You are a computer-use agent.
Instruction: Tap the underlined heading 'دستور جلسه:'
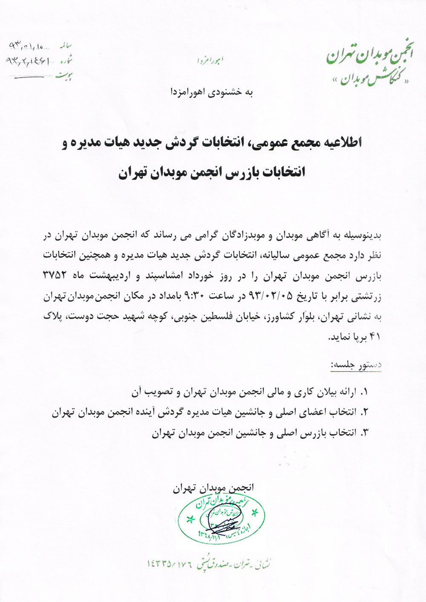coord(356,366)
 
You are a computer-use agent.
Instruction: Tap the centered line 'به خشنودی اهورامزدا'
coord(212,92)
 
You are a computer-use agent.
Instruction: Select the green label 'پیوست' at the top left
coord(64,75)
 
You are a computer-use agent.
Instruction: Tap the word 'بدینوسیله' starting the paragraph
coord(364,234)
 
